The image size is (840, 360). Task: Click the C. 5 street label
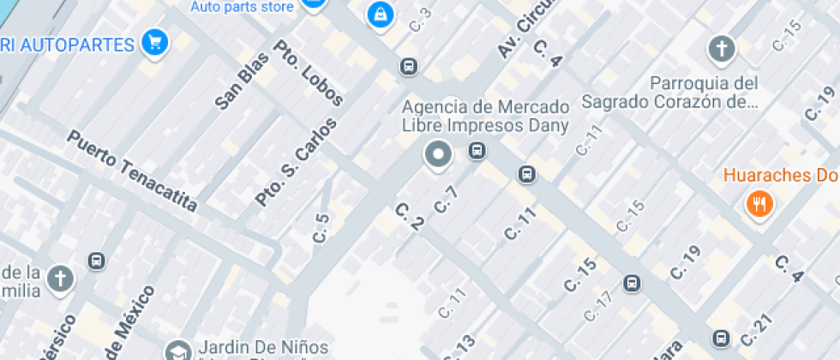click(x=321, y=228)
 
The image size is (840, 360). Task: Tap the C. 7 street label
click(x=447, y=200)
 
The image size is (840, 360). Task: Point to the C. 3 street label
click(x=420, y=20)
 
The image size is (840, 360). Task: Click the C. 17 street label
click(x=598, y=305)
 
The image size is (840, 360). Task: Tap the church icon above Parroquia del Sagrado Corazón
click(x=721, y=49)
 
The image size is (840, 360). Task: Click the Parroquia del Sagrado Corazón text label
click(x=670, y=93)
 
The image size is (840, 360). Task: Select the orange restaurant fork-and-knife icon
click(x=759, y=204)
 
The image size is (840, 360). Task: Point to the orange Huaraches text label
click(x=780, y=176)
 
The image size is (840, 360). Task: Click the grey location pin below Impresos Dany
click(x=439, y=155)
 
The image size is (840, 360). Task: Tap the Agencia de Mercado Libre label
click(x=485, y=117)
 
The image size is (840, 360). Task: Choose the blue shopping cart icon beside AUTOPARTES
click(x=155, y=41)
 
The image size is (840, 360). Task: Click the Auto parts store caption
click(x=242, y=7)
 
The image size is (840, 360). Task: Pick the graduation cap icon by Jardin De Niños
click(x=178, y=351)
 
